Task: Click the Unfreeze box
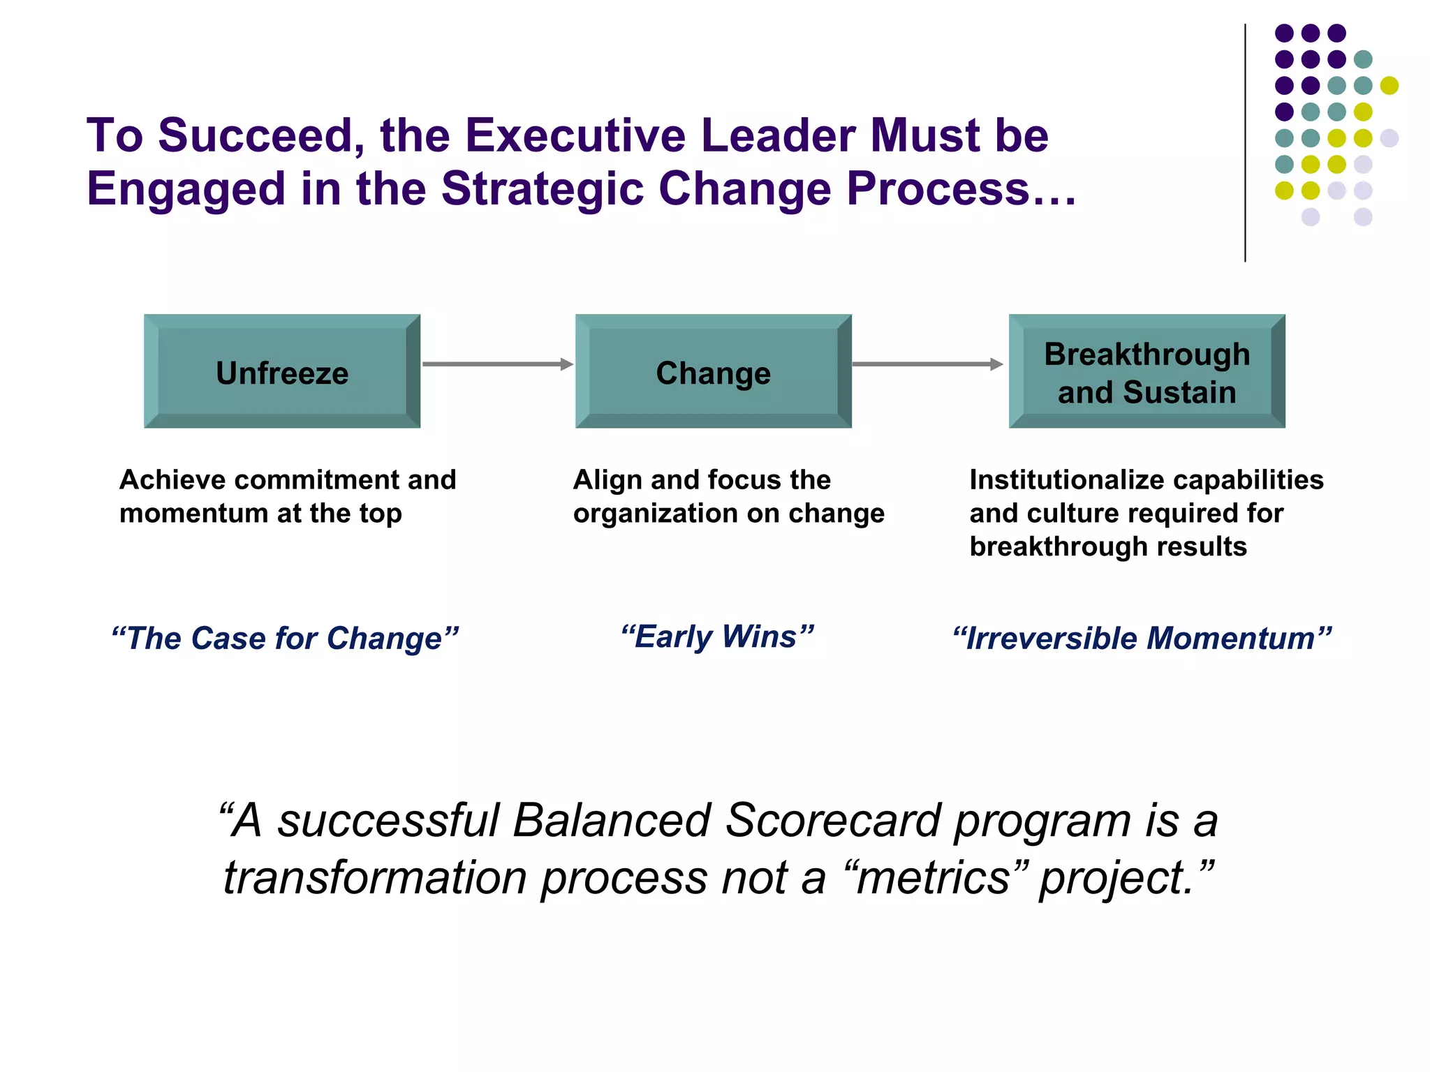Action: click(x=282, y=371)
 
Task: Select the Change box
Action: click(x=713, y=371)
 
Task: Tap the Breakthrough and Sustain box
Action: click(x=1147, y=371)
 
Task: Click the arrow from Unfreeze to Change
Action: click(x=497, y=364)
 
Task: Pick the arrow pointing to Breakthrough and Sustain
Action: click(x=927, y=364)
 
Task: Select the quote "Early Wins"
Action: click(x=717, y=636)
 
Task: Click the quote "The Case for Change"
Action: click(x=285, y=638)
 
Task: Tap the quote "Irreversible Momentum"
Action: click(x=1142, y=638)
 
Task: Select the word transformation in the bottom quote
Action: click(x=375, y=877)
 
